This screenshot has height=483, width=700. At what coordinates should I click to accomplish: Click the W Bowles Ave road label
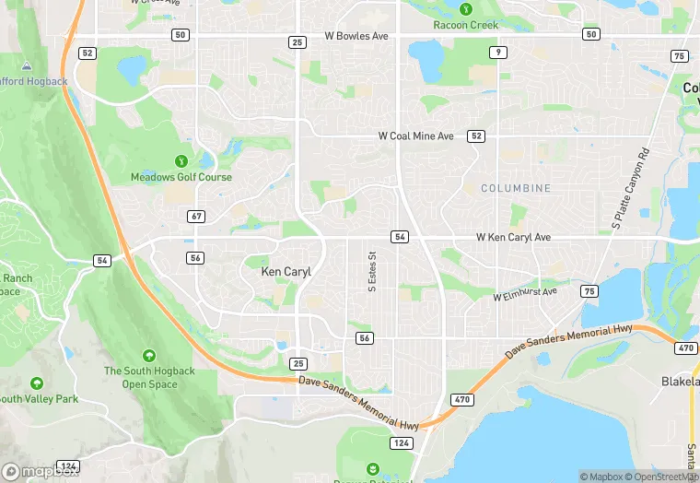click(x=356, y=36)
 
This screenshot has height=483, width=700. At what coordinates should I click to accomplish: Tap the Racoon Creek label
click(x=465, y=25)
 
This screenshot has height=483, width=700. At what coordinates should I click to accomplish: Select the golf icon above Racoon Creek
click(x=465, y=9)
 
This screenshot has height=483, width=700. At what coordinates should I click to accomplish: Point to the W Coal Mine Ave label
click(x=416, y=135)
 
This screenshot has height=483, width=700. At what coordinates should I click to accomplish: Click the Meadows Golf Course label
click(x=181, y=177)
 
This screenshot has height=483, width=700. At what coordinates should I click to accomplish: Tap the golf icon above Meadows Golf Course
click(x=181, y=160)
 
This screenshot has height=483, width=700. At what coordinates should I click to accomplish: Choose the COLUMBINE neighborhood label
click(x=516, y=188)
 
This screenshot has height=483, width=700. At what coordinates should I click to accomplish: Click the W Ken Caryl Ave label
click(x=513, y=237)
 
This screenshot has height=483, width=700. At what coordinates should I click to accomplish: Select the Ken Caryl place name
click(x=286, y=272)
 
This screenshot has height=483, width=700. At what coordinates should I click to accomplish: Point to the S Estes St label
click(x=373, y=273)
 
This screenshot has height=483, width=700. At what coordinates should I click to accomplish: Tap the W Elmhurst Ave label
click(x=525, y=294)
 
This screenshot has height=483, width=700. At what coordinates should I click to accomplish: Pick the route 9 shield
click(x=498, y=53)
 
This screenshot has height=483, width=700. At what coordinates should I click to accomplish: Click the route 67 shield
click(x=195, y=216)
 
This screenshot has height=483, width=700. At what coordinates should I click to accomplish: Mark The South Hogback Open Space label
click(x=149, y=377)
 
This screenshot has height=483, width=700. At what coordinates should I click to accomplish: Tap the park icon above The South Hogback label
click(x=149, y=355)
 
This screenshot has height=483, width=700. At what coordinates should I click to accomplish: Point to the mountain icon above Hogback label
click(x=26, y=66)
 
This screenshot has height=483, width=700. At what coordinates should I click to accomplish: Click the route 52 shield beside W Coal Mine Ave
click(x=475, y=135)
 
